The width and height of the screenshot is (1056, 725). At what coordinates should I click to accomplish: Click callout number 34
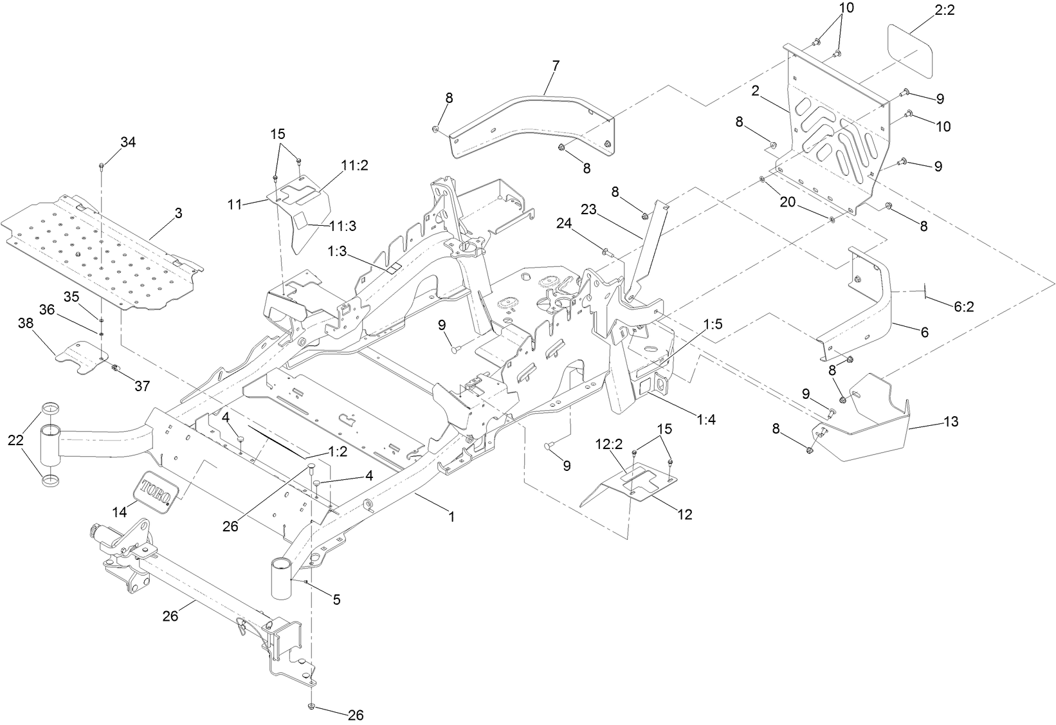[128, 142]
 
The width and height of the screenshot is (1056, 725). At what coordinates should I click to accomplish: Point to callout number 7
[556, 65]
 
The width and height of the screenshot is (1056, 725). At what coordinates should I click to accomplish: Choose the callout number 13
[951, 421]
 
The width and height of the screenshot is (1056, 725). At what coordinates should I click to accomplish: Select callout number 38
[26, 324]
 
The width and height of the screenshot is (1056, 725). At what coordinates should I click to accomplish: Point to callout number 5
[336, 600]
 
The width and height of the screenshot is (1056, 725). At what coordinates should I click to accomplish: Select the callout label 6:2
[963, 307]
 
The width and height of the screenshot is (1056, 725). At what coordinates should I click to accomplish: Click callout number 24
[563, 224]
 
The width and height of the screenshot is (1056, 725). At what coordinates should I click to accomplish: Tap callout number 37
[141, 386]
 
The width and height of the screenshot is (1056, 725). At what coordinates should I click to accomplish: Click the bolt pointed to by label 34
[102, 167]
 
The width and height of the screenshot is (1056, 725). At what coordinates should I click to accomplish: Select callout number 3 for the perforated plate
[178, 213]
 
